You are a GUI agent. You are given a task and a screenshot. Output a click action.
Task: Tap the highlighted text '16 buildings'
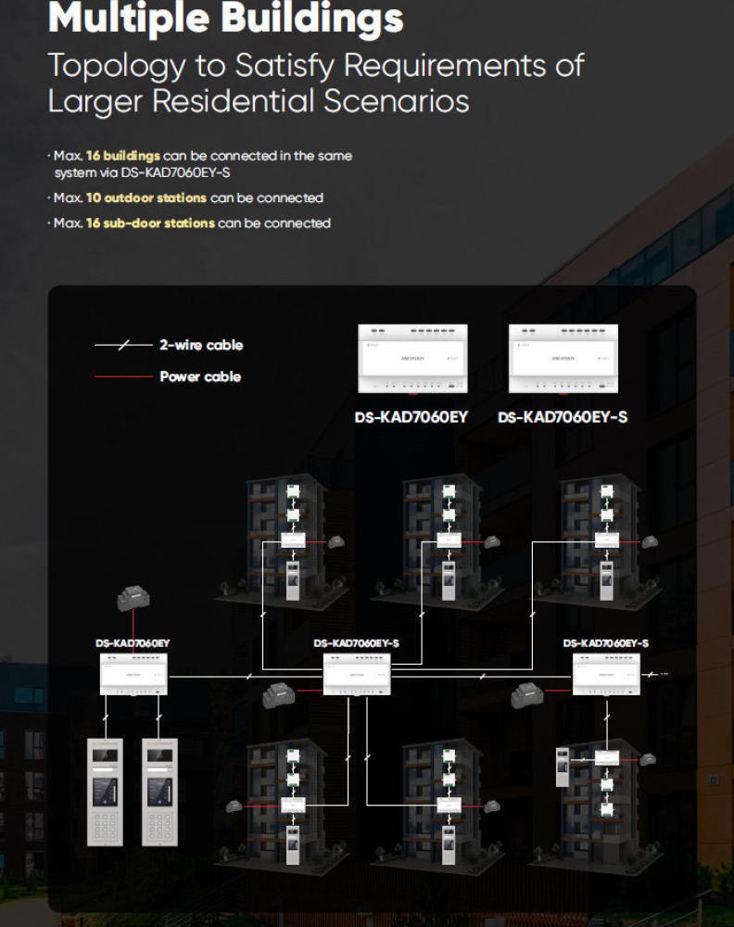122,156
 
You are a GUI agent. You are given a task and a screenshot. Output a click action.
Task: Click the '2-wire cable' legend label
201,345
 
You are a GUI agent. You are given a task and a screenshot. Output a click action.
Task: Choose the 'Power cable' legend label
200,376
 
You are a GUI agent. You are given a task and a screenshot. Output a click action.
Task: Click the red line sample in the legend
122,376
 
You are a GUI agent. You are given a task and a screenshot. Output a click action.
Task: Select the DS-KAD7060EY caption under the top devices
411,417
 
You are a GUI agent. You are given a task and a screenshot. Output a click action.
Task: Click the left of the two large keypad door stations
106,792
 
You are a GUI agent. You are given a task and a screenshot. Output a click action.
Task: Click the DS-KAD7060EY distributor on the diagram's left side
133,674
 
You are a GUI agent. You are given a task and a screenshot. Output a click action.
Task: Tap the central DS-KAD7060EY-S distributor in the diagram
357,674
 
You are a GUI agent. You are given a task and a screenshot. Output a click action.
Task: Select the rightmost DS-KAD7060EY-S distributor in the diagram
606,674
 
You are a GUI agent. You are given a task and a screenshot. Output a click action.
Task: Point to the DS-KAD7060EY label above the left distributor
133,642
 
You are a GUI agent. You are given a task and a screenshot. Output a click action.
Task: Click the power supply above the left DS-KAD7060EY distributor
133,601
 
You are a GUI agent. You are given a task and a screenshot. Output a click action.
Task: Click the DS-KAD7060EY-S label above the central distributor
357,642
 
